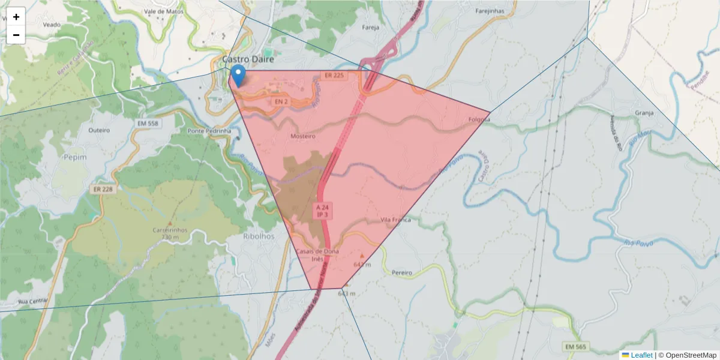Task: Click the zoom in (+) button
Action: [x=16, y=17]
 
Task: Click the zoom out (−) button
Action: [x=16, y=35]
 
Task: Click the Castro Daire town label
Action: [x=248, y=59]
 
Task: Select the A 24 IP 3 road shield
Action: [x=322, y=210]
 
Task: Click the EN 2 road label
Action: [x=281, y=102]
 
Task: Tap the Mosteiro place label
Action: [x=302, y=136]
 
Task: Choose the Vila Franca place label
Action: [x=396, y=220]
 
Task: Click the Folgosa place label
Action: [x=479, y=119]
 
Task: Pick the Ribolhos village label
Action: [x=259, y=236]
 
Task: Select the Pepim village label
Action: [x=75, y=157]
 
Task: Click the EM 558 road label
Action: [x=148, y=123]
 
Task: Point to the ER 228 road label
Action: [x=103, y=189]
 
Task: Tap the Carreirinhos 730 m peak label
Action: [x=170, y=233]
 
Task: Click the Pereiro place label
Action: [x=401, y=273]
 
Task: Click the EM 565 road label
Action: [x=576, y=347]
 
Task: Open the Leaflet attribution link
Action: [x=641, y=355]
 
